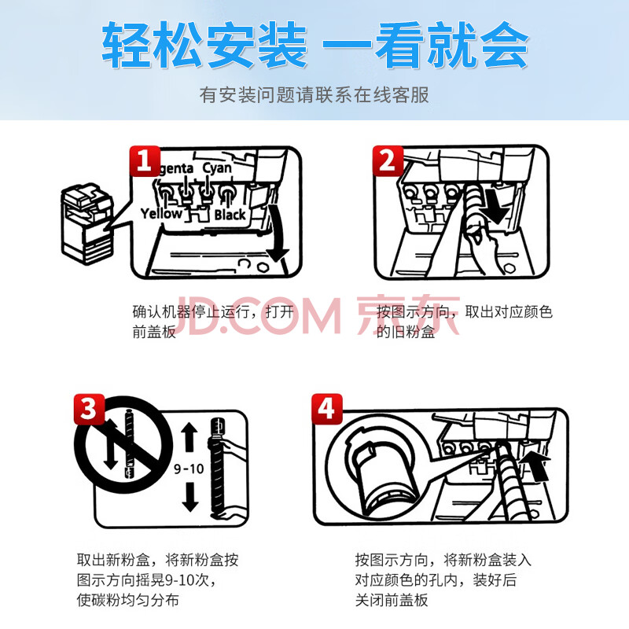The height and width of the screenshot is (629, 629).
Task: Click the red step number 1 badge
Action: pos(145,161)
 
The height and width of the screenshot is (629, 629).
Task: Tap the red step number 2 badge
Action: pos(388,161)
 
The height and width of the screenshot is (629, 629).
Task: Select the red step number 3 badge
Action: pos(89,409)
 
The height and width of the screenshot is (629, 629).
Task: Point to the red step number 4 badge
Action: pos(327,409)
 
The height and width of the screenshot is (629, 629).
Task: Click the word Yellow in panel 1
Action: pos(161,213)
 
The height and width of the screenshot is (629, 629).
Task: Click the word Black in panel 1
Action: pos(230,215)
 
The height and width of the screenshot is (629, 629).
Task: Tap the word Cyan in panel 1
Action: pos(217,168)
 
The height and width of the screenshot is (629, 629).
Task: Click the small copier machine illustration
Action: pos(87,224)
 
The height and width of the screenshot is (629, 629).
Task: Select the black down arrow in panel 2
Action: pos(495,207)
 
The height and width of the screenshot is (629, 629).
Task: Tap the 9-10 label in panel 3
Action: pos(189,469)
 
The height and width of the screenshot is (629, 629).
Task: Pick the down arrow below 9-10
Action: pos(190,498)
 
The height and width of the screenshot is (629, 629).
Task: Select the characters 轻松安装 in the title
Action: pos(204,45)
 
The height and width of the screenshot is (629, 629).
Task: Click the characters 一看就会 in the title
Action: pos(425,45)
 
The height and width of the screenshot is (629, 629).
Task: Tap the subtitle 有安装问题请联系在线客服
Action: pos(314,95)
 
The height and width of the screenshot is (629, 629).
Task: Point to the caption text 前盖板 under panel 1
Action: pos(154,332)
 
